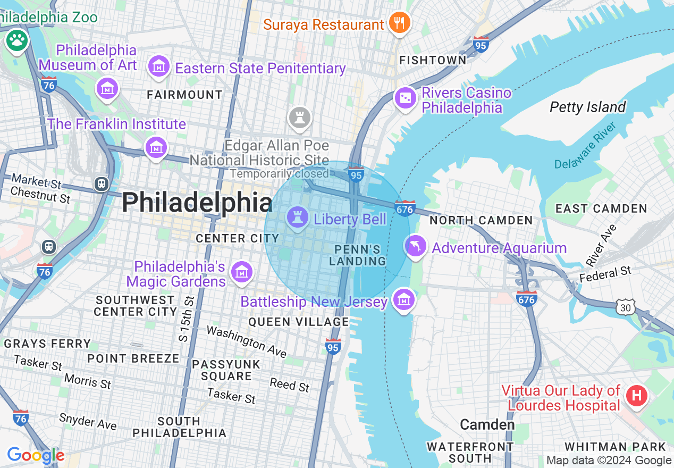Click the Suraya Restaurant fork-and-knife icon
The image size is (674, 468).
(x=398, y=23)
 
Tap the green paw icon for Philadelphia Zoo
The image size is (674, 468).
(x=16, y=40)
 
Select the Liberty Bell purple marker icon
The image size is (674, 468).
(x=297, y=218)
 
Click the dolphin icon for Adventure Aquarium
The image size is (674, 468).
(x=416, y=246)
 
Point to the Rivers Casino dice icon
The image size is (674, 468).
(x=405, y=98)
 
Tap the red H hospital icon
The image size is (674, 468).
(x=636, y=396)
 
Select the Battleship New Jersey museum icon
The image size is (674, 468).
(x=403, y=300)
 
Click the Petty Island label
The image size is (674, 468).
(x=587, y=107)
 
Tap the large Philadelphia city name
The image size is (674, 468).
(x=197, y=203)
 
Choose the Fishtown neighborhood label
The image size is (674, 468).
(x=433, y=60)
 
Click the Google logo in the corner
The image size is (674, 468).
(x=36, y=456)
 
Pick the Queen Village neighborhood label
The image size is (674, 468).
(x=299, y=322)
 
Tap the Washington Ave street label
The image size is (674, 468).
(x=246, y=341)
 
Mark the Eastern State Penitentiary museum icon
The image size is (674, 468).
(x=159, y=67)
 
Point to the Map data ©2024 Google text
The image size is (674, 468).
(x=609, y=461)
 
